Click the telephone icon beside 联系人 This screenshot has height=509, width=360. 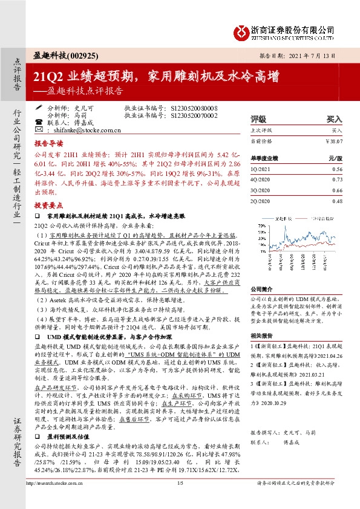click(39, 122)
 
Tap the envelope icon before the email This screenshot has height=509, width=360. click(39, 129)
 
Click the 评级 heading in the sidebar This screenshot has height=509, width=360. click(258, 120)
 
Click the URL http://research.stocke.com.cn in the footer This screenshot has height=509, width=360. click(61, 500)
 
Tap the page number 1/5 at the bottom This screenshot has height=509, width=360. click(180, 500)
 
